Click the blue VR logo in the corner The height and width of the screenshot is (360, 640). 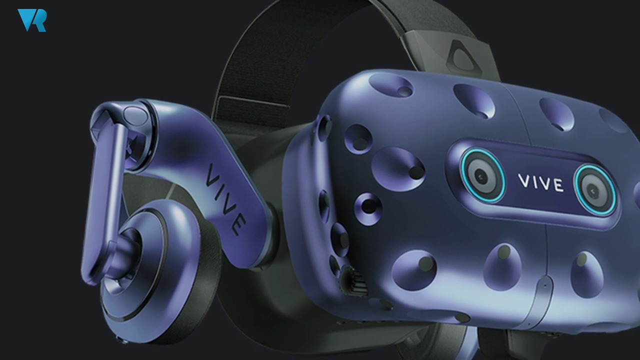[31, 20]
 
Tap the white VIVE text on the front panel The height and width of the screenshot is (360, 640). [541, 183]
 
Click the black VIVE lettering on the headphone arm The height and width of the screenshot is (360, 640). [225, 199]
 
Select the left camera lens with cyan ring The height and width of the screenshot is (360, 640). [482, 175]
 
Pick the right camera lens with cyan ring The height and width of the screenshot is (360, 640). [595, 189]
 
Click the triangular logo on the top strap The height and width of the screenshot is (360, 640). [462, 57]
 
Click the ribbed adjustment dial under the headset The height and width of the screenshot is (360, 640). [353, 281]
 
